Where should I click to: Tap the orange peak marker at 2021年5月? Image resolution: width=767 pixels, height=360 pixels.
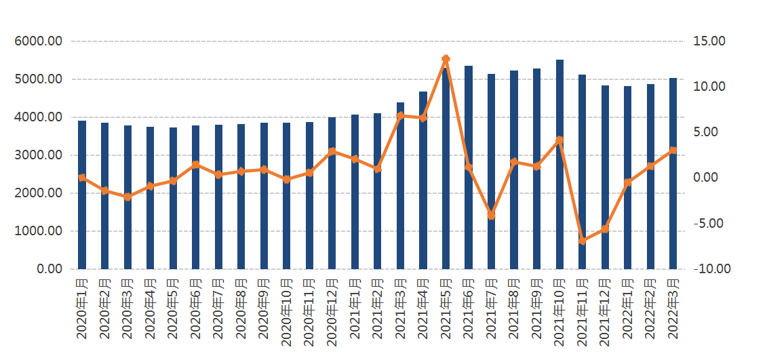pos(446,60)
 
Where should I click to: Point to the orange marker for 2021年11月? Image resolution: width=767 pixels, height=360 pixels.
pos(582,241)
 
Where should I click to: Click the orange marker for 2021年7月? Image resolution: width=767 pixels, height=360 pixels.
pos(491,216)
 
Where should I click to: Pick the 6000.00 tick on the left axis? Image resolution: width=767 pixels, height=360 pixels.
pos(38,41)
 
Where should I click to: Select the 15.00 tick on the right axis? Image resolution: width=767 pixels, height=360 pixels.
pos(709,41)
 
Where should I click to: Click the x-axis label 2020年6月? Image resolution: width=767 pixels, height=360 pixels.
pos(195,308)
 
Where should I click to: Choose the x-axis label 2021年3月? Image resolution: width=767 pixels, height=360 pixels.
pos(400,308)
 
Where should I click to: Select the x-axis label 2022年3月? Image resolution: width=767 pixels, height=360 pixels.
pos(673,308)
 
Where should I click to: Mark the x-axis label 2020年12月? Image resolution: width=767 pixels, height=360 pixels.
pos(332,310)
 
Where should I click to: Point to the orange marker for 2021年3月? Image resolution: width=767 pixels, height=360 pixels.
pos(400,115)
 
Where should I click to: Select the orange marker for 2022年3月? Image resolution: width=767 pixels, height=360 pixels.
pos(673,151)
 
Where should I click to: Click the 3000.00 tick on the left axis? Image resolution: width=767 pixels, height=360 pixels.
pos(38,155)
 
